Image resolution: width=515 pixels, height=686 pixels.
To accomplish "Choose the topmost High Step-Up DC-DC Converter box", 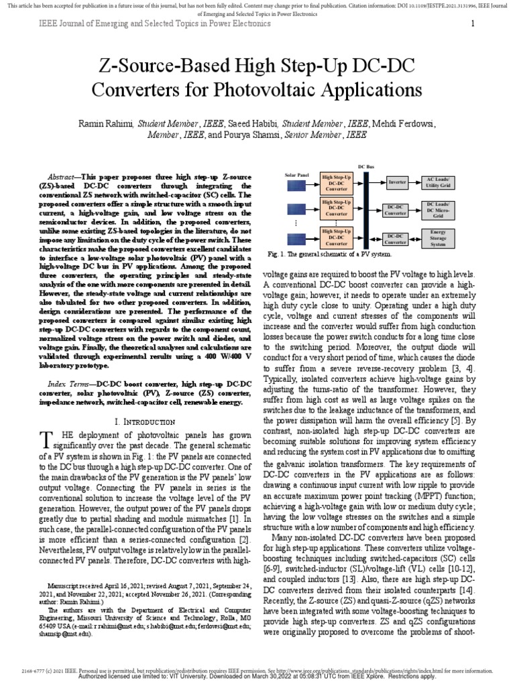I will pos(337,182).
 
